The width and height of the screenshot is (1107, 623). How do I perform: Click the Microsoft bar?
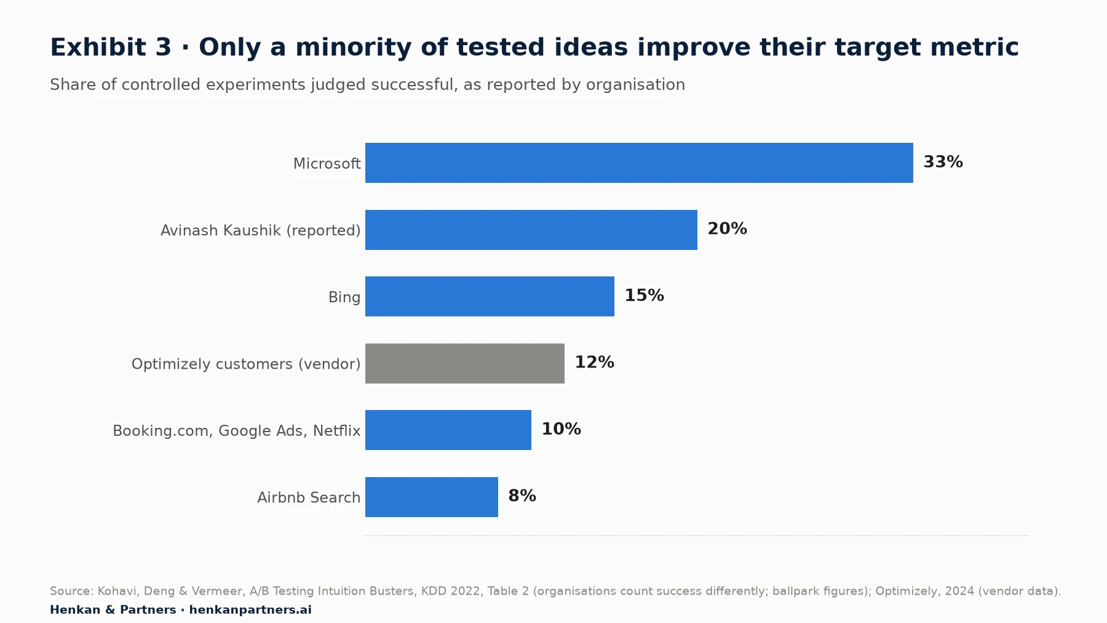pyautogui.click(x=639, y=163)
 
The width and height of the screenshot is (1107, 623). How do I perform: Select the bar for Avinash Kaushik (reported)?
pyautogui.click(x=531, y=230)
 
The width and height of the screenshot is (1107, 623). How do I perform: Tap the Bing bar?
pyautogui.click(x=490, y=297)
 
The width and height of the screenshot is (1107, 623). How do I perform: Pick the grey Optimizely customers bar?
pyautogui.click(x=465, y=363)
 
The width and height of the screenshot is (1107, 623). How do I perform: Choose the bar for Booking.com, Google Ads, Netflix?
pyautogui.click(x=448, y=430)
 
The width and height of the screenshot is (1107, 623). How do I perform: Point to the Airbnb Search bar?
pyautogui.click(x=432, y=497)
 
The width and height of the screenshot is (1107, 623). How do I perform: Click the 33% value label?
pyautogui.click(x=943, y=162)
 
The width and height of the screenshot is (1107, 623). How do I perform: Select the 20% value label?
pyautogui.click(x=728, y=229)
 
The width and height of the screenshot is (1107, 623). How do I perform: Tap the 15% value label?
pyautogui.click(x=645, y=295)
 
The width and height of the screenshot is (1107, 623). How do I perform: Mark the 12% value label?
pyautogui.click(x=595, y=363)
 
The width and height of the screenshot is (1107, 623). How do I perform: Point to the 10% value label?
pyautogui.click(x=561, y=429)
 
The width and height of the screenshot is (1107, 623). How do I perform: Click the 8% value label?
pyautogui.click(x=522, y=496)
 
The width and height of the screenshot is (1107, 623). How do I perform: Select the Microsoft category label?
pyautogui.click(x=327, y=164)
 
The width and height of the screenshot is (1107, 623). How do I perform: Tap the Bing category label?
pyautogui.click(x=344, y=297)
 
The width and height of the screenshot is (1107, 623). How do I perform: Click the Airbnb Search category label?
pyautogui.click(x=309, y=497)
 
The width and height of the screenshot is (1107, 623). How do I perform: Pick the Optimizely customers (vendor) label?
pyautogui.click(x=246, y=364)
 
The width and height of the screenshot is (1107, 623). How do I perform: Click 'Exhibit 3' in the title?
pyautogui.click(x=111, y=47)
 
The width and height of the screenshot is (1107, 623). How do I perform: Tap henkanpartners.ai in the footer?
pyautogui.click(x=250, y=610)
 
